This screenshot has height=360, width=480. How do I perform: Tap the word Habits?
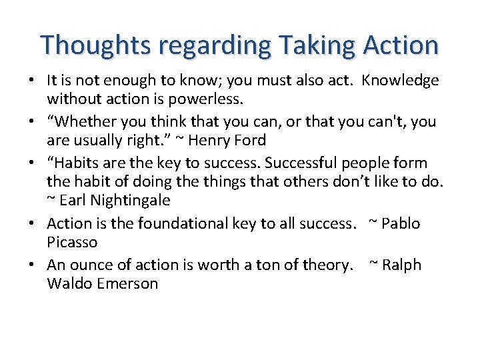click(x=77, y=163)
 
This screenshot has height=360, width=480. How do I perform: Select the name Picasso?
click(x=72, y=242)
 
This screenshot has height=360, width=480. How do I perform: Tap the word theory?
click(x=327, y=265)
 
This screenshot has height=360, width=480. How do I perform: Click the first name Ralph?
click(x=402, y=265)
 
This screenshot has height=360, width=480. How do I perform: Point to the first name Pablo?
click(x=401, y=223)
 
